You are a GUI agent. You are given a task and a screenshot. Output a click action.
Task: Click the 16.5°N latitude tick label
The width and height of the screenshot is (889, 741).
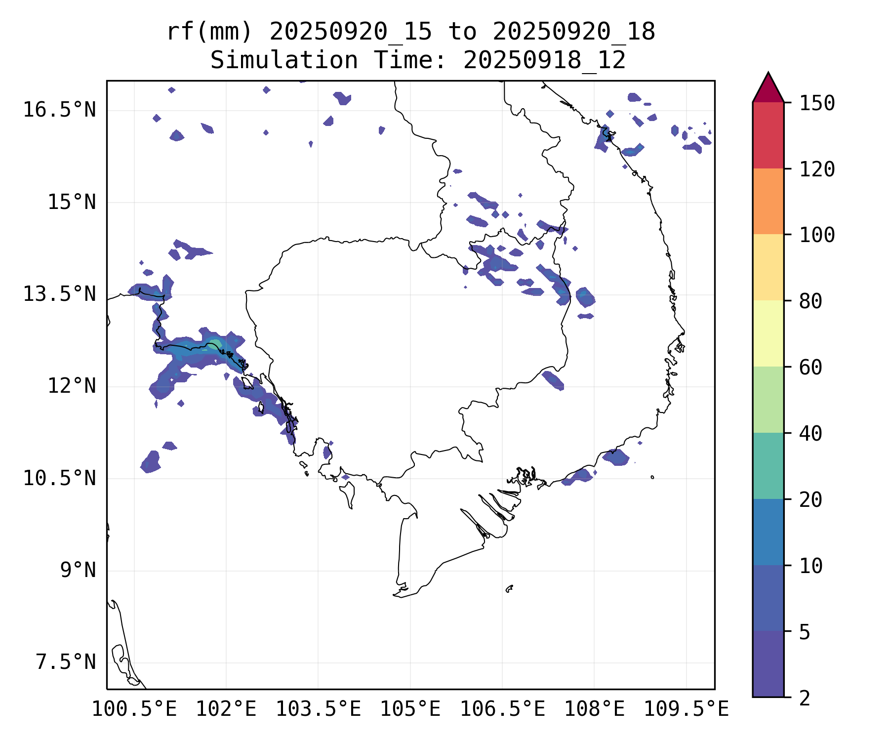[59, 110]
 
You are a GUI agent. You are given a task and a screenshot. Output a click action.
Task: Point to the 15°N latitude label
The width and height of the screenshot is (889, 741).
[72, 202]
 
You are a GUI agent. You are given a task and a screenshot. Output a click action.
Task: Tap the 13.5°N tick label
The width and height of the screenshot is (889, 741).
[59, 294]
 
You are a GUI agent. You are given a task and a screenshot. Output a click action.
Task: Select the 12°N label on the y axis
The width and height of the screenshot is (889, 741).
[72, 386]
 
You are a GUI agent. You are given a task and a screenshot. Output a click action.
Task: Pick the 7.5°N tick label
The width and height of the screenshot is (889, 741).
[66, 662]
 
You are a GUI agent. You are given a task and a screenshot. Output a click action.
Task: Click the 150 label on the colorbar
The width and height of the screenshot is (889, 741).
[817, 103]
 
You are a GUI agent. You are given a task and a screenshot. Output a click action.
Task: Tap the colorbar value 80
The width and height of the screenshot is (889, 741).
[810, 301]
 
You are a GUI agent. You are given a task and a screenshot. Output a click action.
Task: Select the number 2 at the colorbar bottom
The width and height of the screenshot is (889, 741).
[805, 698]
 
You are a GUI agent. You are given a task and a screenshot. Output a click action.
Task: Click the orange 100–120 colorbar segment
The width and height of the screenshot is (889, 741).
[768, 201]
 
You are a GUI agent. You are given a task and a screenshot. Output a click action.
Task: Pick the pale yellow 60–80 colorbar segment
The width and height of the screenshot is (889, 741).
[768, 333]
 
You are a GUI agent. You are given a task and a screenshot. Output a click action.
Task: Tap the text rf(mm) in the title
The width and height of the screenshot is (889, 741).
[209, 32]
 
